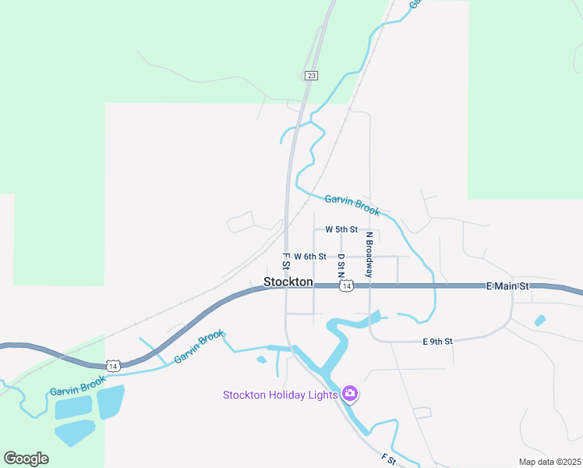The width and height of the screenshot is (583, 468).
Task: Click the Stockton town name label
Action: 288,282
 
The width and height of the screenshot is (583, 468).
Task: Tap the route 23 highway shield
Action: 311,75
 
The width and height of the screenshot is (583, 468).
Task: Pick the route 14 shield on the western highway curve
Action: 113,365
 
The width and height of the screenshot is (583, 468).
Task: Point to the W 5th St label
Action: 341,229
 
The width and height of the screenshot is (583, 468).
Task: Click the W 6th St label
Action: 309,256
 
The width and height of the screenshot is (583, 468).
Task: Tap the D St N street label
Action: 341,265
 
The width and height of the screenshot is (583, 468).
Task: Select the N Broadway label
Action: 369,254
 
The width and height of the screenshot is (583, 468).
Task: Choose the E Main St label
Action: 507,286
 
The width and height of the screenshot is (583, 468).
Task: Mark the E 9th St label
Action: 437,342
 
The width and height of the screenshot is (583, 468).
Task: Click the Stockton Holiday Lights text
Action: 280,395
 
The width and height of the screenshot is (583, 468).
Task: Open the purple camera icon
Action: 350,394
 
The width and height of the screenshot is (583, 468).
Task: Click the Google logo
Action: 26,459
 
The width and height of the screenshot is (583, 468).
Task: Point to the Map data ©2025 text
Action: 549,462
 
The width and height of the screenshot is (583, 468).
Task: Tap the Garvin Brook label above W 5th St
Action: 352,205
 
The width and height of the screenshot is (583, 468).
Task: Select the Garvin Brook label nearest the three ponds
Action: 77,385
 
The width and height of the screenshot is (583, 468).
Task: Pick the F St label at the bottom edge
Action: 389,460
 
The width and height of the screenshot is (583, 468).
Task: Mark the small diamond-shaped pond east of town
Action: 540,320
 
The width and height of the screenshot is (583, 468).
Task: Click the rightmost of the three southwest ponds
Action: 110,402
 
